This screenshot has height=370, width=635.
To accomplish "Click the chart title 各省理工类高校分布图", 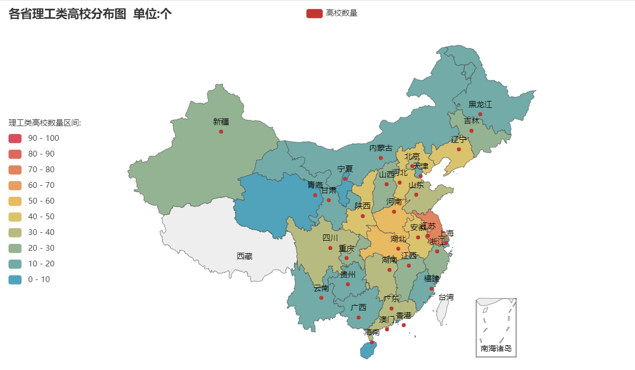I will click(67, 14).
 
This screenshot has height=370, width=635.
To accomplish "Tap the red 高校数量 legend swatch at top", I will click(314, 13).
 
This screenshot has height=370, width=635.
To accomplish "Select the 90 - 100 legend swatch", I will click(15, 138).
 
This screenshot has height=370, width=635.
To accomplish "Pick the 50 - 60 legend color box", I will click(15, 201).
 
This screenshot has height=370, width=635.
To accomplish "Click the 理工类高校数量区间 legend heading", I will click(44, 123).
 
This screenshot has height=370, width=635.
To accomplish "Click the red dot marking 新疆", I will click(221, 131).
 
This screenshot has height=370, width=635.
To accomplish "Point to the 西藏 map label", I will click(245, 256).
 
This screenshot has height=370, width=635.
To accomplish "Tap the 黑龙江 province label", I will click(480, 105).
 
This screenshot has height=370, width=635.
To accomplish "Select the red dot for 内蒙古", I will click(380, 158).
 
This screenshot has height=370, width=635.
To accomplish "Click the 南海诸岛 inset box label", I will click(495, 348).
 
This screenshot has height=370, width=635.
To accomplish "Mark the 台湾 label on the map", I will click(446, 297).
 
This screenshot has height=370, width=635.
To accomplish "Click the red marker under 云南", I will click(321, 298).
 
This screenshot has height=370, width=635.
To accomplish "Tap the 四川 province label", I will click(330, 239).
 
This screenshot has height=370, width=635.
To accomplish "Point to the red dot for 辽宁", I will click(459, 149).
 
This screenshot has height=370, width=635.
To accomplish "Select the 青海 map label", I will click(315, 185).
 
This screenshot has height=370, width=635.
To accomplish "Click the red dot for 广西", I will click(359, 317).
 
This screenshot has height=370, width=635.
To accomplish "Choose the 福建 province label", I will click(432, 278).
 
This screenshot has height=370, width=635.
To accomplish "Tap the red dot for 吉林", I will click(471, 130).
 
